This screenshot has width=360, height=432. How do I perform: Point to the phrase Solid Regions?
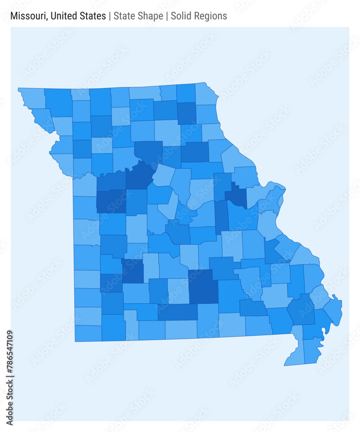coord(199,16)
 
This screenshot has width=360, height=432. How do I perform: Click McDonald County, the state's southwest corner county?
coord(88,333)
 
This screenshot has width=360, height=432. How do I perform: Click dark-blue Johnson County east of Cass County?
coord(111,201)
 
